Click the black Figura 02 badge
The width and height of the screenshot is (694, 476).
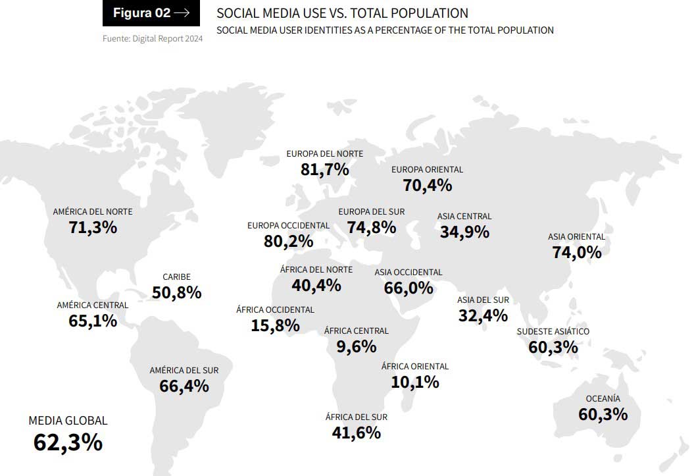pyautogui.click(x=151, y=13)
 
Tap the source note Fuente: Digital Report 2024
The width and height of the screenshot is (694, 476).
pyautogui.click(x=153, y=39)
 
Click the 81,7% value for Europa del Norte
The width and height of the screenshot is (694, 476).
pyautogui.click(x=324, y=169)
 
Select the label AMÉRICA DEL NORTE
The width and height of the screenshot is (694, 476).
pyautogui.click(x=93, y=211)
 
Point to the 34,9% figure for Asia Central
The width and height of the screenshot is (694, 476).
pyautogui.click(x=464, y=232)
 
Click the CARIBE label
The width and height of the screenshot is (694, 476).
pyautogui.click(x=176, y=277)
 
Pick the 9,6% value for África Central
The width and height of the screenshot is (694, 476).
pyautogui.click(x=356, y=346)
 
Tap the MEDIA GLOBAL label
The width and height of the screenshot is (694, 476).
pyautogui.click(x=68, y=421)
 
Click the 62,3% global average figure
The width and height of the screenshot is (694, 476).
pyautogui.click(x=68, y=442)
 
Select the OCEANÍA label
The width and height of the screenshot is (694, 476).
pyautogui.click(x=603, y=398)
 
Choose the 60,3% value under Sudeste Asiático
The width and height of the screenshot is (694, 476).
pyautogui.click(x=553, y=346)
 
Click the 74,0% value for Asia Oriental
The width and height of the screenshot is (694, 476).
pyautogui.click(x=577, y=252)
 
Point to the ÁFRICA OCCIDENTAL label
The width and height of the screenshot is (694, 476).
pyautogui.click(x=275, y=309)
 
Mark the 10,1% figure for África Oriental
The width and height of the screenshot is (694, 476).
pyautogui.click(x=414, y=382)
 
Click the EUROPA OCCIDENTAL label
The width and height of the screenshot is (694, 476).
pyautogui.click(x=288, y=225)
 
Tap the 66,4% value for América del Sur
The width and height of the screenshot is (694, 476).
pyautogui.click(x=184, y=386)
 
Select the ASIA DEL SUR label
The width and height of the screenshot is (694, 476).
pyautogui.click(x=483, y=300)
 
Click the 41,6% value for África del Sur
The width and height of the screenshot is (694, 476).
pyautogui.click(x=356, y=433)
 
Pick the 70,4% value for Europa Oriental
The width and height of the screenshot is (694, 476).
pyautogui.click(x=428, y=185)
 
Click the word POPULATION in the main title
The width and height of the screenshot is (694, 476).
pyautogui.click(x=433, y=13)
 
